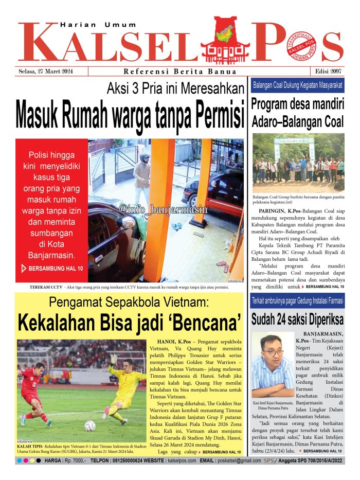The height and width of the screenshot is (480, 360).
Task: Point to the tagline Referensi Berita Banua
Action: [x=180, y=72]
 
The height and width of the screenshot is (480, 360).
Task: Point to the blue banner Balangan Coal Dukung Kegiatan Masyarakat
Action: [x=298, y=85]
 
